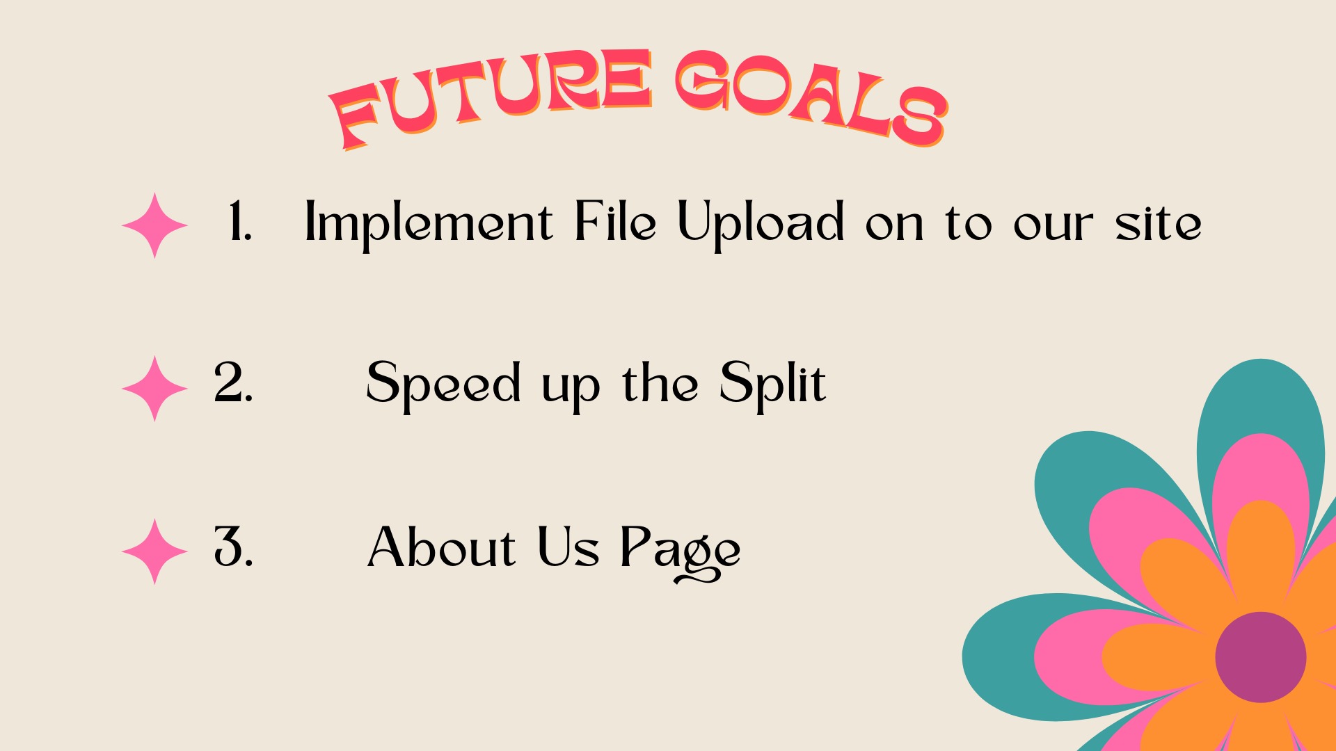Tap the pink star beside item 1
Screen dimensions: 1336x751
tap(154, 226)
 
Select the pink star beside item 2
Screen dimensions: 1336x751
tap(154, 389)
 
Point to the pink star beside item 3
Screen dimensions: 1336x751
tap(154, 551)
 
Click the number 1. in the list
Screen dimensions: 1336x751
tap(240, 221)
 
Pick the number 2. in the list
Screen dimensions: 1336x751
tap(233, 382)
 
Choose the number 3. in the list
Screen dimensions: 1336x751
tap(233, 546)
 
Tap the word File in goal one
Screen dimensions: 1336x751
tap(615, 220)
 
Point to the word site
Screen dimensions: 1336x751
tap(1159, 224)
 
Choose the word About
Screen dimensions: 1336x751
tap(441, 546)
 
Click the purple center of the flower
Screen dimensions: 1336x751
tap(1261, 657)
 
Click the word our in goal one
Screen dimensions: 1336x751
tap(1053, 226)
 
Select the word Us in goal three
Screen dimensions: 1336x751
tap(568, 547)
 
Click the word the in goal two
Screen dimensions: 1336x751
tap(660, 382)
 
